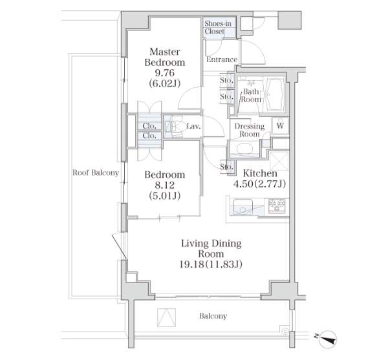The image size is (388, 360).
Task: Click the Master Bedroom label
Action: pyautogui.click(x=164, y=57)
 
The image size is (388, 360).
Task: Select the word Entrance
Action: pyautogui.click(x=222, y=59)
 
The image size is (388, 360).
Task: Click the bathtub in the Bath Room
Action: pyautogui.click(x=274, y=94)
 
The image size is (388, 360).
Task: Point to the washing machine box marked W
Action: pyautogui.click(x=280, y=125)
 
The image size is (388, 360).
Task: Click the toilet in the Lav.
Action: pyautogui.click(x=174, y=126)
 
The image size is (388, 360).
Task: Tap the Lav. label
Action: pyautogui.click(x=193, y=126)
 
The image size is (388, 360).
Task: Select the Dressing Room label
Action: pyautogui.click(x=250, y=130)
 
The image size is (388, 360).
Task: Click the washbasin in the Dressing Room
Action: pyautogui.click(x=244, y=149)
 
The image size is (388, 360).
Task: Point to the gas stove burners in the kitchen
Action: pyautogui.click(x=277, y=206)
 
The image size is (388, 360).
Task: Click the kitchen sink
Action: pyautogui.click(x=242, y=207)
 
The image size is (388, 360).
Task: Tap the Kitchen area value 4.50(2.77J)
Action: pyautogui.click(x=259, y=184)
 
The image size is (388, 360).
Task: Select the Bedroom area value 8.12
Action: pyautogui.click(x=164, y=185)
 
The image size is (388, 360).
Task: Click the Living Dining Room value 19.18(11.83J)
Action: pyautogui.click(x=211, y=264)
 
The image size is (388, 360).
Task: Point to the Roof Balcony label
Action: pyautogui.click(x=96, y=173)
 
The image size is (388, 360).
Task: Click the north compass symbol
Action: pyautogui.click(x=327, y=339)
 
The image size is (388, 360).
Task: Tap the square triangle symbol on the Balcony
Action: pyautogui.click(x=166, y=317)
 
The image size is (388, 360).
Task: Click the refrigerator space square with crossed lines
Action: pyautogui.click(x=279, y=161)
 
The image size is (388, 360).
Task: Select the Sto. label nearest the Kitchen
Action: pyautogui.click(x=226, y=167)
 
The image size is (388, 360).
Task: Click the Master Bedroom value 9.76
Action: pyautogui.click(x=164, y=73)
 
